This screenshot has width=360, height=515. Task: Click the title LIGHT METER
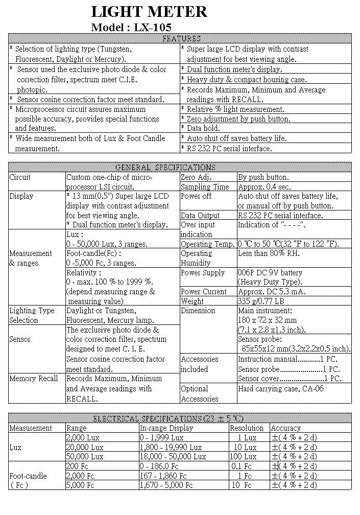coord(149,11)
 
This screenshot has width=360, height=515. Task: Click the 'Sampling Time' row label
coord(205,187)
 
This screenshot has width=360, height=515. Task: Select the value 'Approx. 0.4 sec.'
coord(264,187)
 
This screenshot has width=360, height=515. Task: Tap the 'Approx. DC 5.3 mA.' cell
coord(271,292)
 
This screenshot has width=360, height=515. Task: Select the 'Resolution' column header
coord(247,428)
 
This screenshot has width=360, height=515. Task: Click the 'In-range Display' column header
coord(166,428)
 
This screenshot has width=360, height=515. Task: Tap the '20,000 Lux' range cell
coord(85,447)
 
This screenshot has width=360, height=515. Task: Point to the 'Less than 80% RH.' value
coord(269,253)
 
